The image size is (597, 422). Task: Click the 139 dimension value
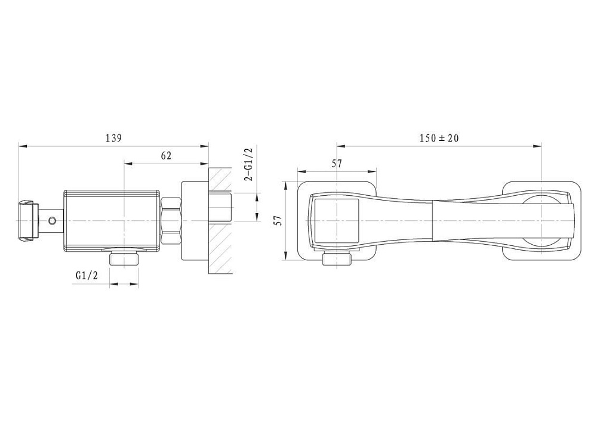113,138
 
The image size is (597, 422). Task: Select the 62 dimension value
167,156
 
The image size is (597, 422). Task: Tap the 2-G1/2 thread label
249,165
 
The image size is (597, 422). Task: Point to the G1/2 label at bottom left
87,275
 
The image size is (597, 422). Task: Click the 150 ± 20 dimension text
439,138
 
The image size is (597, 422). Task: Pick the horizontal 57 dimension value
337,164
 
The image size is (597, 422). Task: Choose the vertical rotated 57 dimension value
279,221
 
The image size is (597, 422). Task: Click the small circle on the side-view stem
52,220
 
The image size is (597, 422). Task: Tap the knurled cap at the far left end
28,220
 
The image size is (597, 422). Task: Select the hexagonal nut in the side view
171,221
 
